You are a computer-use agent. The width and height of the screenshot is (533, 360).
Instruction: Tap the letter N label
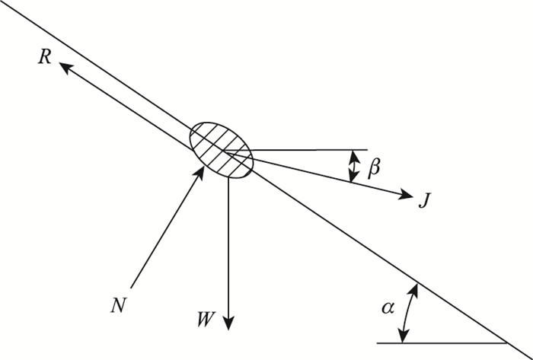tap(117, 305)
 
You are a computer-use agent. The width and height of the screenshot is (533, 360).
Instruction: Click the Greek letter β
tap(373, 169)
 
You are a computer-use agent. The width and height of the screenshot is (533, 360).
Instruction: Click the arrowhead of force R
tap(64, 67)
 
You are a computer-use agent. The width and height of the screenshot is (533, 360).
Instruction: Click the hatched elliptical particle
tap(222, 150)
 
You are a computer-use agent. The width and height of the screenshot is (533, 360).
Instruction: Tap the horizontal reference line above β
tap(312, 150)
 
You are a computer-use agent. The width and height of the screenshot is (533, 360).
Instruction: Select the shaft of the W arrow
tap(228, 251)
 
